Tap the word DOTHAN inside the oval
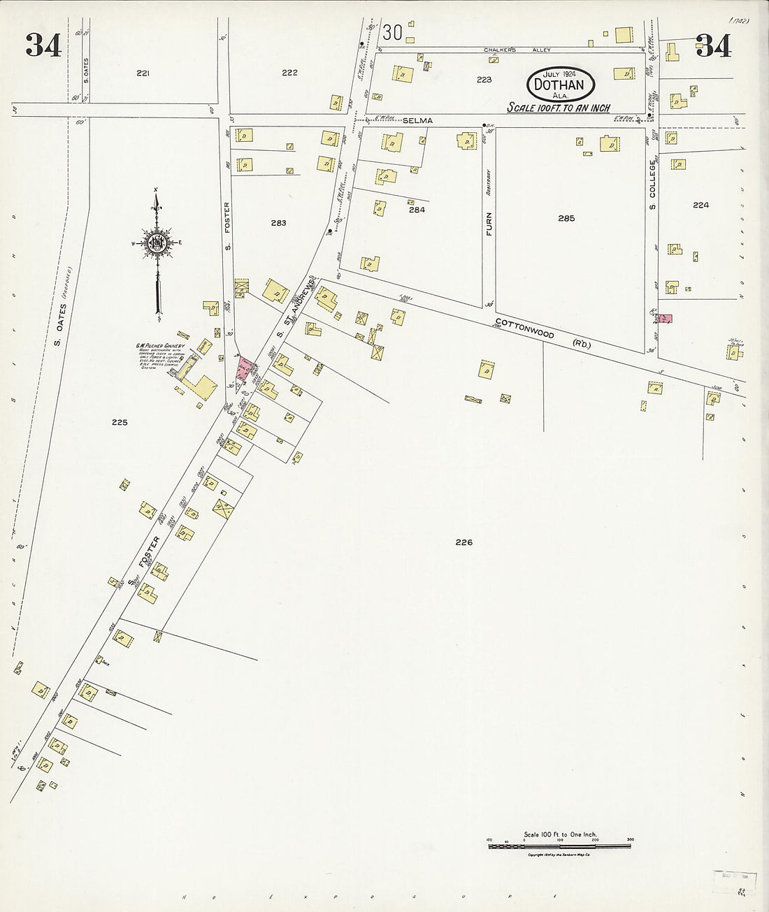click(x=561, y=85)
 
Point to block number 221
click(x=143, y=73)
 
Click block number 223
click(x=484, y=80)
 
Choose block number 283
click(x=278, y=223)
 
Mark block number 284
click(x=417, y=209)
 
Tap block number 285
click(x=566, y=219)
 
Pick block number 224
click(x=700, y=205)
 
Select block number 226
click(x=463, y=542)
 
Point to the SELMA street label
click(x=422, y=121)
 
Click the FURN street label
click(x=489, y=223)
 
